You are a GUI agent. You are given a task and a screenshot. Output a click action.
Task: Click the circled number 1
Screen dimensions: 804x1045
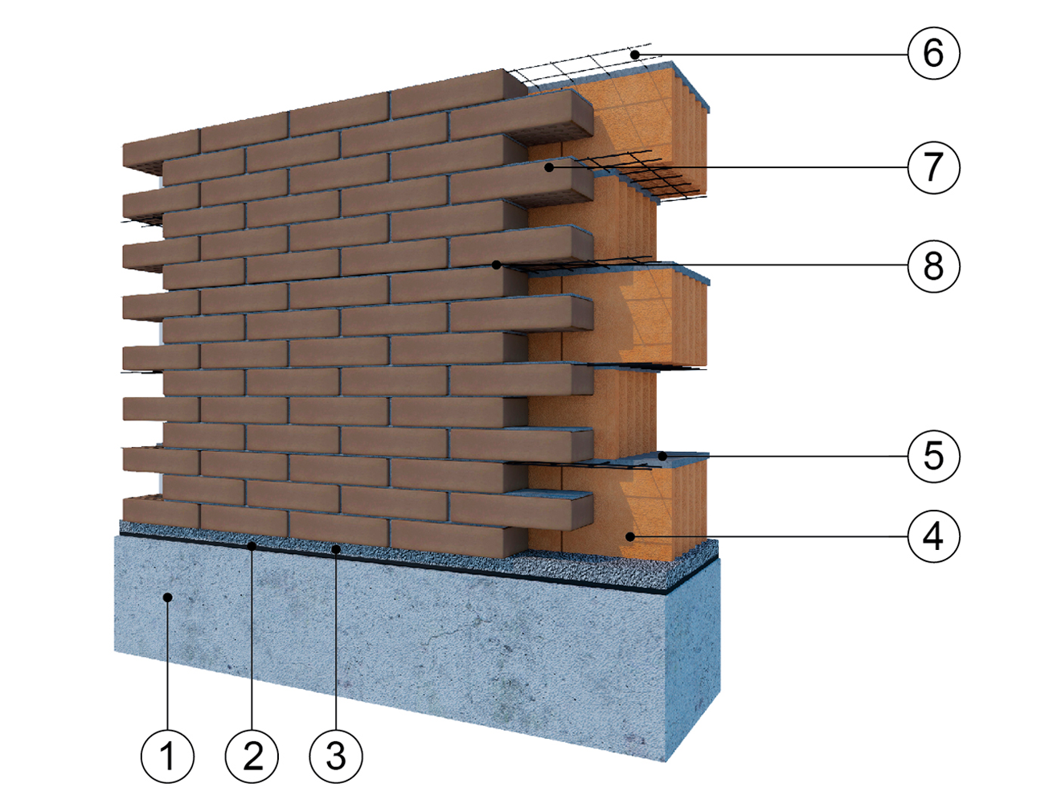tap(167, 757)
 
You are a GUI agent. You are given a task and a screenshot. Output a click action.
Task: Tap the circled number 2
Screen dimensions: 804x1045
tap(252, 757)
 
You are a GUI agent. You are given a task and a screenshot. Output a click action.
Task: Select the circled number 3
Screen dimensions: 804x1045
tap(336, 757)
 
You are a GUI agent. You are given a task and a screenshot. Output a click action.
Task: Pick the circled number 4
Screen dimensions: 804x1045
tap(933, 535)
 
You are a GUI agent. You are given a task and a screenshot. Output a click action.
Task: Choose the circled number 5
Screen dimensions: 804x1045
tap(933, 456)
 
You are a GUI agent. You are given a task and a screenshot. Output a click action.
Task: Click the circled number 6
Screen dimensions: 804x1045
tap(933, 53)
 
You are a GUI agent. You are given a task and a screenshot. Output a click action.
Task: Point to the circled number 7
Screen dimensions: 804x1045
tap(933, 167)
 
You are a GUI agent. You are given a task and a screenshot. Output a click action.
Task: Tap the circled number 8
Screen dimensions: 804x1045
tap(933, 265)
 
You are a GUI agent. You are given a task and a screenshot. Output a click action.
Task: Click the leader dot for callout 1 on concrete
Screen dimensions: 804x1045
tap(167, 597)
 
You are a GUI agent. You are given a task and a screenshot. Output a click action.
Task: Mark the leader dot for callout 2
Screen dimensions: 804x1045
tap(252, 546)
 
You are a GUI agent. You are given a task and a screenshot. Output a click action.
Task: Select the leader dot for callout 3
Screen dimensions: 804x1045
tap(336, 549)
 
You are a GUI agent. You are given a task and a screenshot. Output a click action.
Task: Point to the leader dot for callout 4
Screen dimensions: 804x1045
tap(630, 535)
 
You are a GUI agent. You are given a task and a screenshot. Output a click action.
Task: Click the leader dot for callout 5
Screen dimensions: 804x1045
tap(662, 456)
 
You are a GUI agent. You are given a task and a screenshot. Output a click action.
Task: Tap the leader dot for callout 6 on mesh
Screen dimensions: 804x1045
tap(635, 55)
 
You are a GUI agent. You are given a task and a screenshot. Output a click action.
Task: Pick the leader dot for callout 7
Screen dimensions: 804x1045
tap(549, 167)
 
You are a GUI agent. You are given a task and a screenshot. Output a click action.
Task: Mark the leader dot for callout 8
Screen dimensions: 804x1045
tap(497, 265)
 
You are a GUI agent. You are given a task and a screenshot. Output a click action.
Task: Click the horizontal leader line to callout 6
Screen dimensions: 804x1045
tap(772, 55)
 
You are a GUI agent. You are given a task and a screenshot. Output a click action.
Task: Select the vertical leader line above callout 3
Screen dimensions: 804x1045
tap(336, 643)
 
